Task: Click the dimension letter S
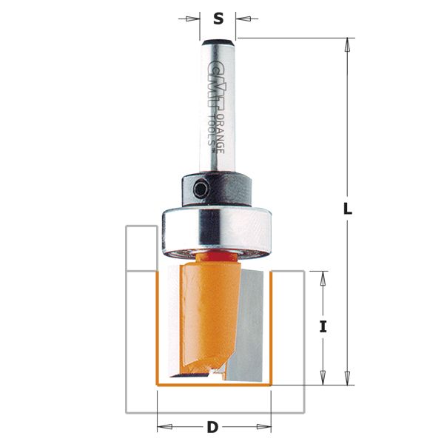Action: point(218,19)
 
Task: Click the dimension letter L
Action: point(347,209)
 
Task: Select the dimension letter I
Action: point(323,326)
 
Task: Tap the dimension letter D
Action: point(213,427)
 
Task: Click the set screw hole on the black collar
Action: point(201,189)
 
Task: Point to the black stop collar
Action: point(219,189)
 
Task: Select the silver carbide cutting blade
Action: point(252,318)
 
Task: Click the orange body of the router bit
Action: point(200,311)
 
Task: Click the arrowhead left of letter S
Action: point(195,19)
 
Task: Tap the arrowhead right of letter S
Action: point(240,19)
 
